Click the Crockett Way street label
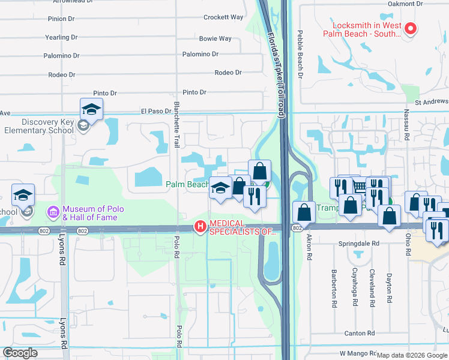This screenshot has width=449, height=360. point(223,18)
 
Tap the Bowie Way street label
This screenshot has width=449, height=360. point(215,39)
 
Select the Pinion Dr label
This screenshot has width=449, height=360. point(61,19)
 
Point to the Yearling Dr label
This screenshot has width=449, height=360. point(61,37)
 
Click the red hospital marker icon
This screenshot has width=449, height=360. point(199,227)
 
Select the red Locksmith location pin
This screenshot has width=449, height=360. point(411,28)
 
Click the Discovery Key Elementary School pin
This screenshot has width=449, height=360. point(91,109)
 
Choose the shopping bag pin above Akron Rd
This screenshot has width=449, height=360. point(304,212)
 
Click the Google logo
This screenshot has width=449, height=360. point(20,353)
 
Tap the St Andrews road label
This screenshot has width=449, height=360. point(431,102)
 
